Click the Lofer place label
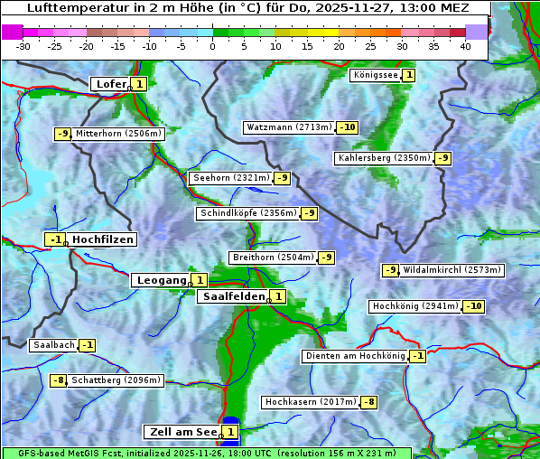[x=110, y=84]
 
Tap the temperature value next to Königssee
[x=409, y=75]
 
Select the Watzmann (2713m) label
[x=289, y=127]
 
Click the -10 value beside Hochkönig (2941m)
[x=474, y=306]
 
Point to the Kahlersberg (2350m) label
[x=384, y=158]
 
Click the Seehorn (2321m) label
[x=230, y=178]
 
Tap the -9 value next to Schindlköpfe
[x=310, y=213]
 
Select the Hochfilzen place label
[x=103, y=239]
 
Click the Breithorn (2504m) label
[x=272, y=258]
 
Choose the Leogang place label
[x=161, y=280]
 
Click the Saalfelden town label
[x=233, y=296]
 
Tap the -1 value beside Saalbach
[x=88, y=345]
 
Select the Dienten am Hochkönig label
[x=354, y=356]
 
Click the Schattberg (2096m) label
[x=116, y=380]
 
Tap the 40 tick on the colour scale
[x=464, y=45]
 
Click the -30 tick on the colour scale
[x=23, y=45]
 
